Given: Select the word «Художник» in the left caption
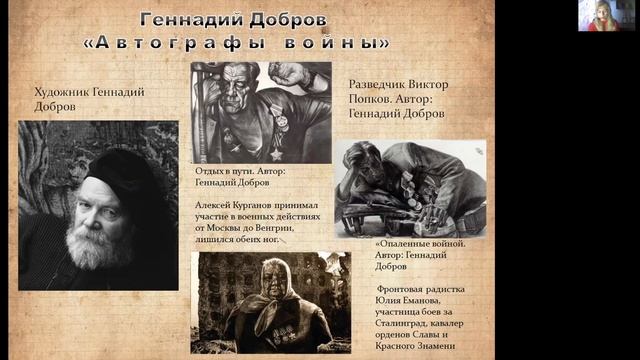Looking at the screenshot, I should pyautogui.click(x=65, y=92).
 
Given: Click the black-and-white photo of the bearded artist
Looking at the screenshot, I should pyautogui.click(x=98, y=204).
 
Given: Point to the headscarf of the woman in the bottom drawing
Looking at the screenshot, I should pyautogui.click(x=272, y=272).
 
